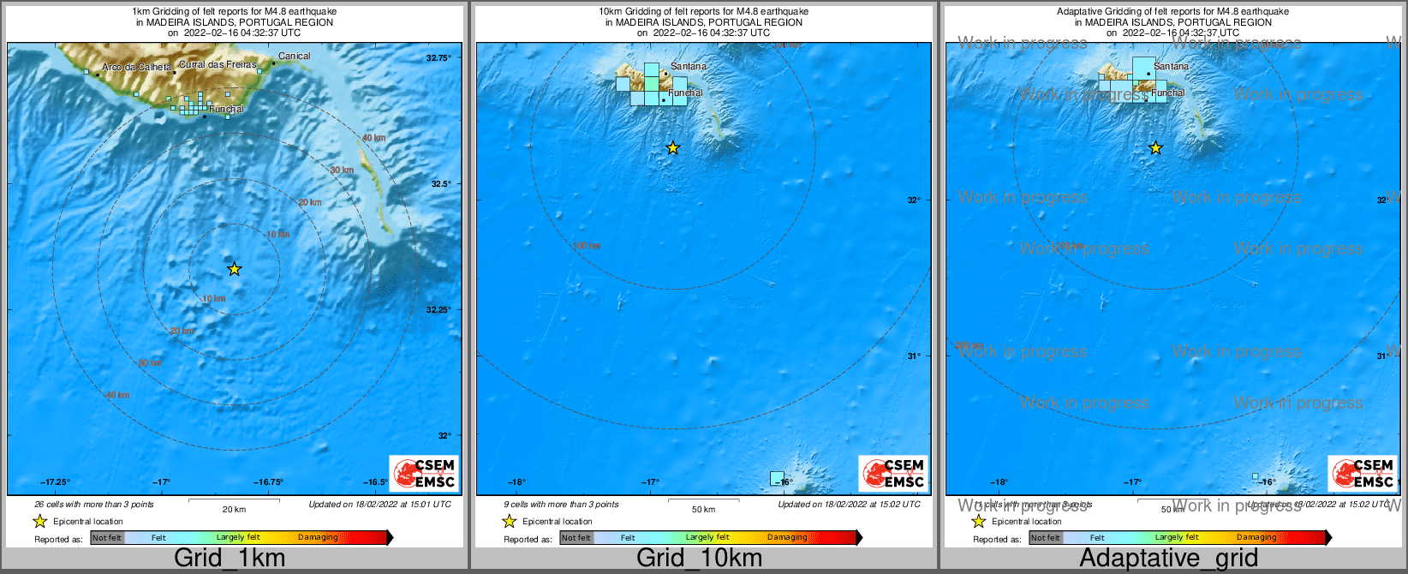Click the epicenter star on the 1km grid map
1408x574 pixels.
234,269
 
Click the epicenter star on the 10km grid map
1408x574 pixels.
673,148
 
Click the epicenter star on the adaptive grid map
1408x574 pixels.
1155,148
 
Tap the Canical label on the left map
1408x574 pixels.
294,57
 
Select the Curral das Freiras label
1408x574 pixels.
218,65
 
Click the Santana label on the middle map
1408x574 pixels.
689,66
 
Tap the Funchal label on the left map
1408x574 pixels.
226,110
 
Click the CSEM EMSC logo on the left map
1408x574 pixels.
424,473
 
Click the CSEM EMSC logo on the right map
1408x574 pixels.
1362,473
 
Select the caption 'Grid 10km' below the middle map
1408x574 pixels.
699,559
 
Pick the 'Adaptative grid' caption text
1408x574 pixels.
1168,559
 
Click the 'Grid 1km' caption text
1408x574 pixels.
230,559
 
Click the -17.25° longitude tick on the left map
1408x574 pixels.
56,482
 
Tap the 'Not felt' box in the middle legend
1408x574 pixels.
576,538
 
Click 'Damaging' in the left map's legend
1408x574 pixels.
318,538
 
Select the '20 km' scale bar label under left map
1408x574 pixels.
234,510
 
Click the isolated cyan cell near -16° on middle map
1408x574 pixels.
777,478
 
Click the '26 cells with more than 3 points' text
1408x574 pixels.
94,505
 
